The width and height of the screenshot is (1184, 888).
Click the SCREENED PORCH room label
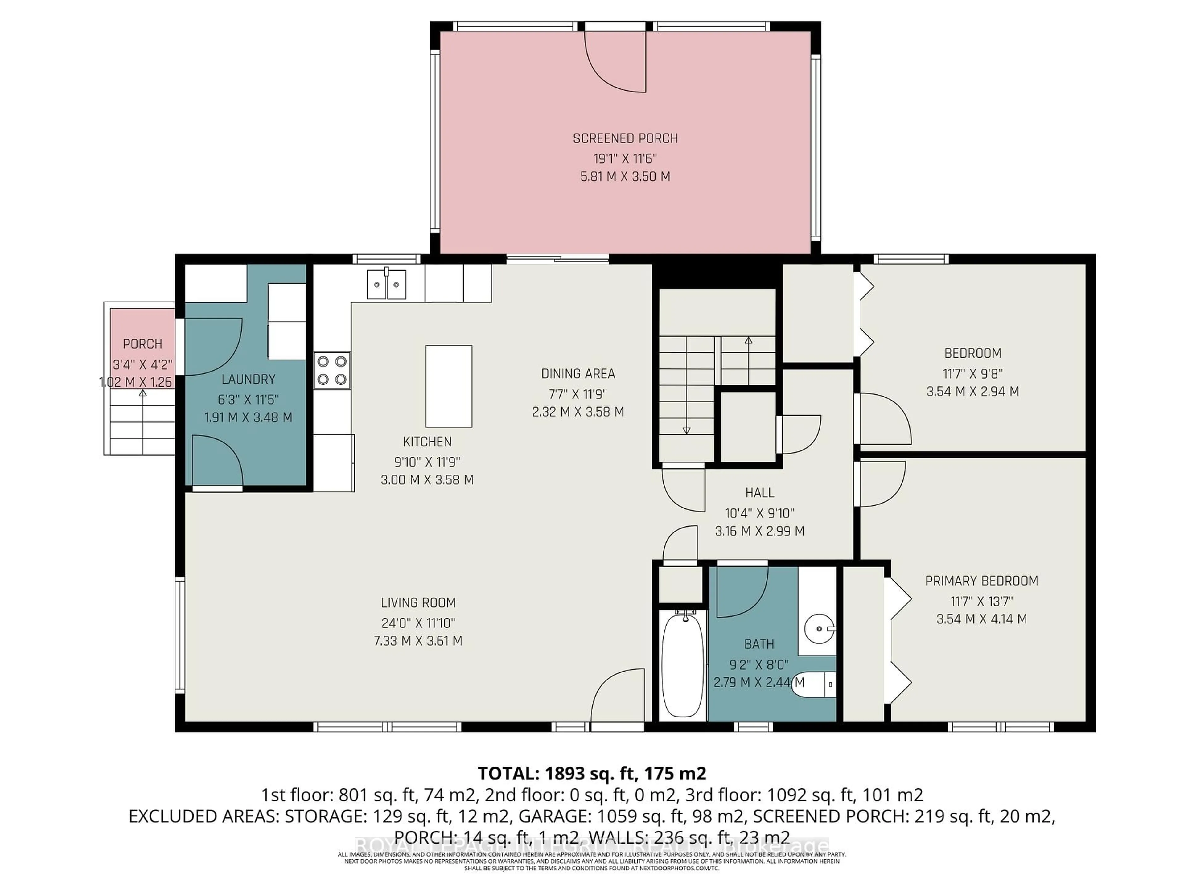625,139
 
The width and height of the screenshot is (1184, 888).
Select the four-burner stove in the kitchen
332,370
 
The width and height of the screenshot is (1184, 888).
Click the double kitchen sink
386,284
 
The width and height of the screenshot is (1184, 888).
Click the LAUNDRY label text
248,380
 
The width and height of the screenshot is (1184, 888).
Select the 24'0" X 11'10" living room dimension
418,623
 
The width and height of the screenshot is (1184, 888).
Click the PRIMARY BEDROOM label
982,581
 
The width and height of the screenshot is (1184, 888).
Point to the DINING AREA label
578,374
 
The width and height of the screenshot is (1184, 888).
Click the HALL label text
759,492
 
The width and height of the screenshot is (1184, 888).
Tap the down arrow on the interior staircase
687,430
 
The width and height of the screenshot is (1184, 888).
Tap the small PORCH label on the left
142,344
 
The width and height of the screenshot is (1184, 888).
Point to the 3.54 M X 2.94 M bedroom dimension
972,391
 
